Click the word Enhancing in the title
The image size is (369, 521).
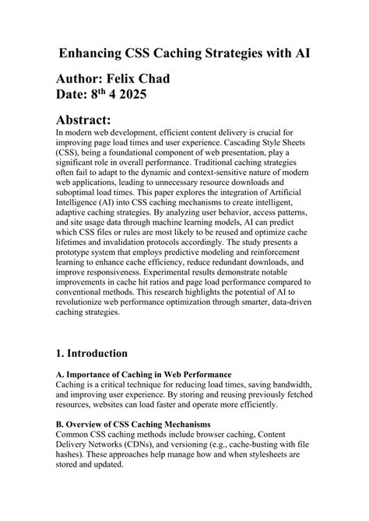pyautogui.click(x=96, y=54)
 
